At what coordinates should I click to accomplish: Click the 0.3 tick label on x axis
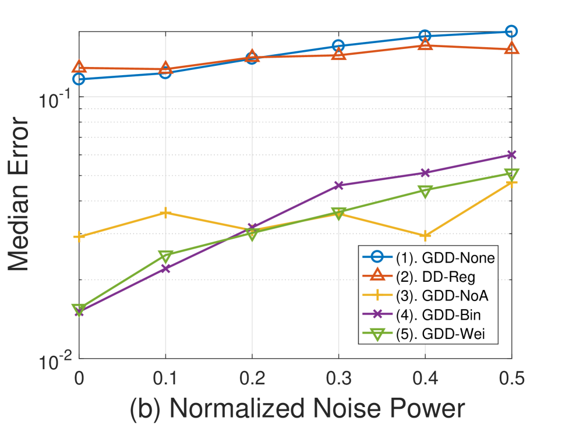point(338,378)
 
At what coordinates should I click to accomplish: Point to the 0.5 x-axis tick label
point(511,378)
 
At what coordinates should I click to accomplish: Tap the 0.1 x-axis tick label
point(165,378)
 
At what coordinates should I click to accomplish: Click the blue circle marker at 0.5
point(511,31)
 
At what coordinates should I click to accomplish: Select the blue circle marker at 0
point(79,79)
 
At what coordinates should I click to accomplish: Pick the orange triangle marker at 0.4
point(425,44)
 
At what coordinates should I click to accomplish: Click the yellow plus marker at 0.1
point(166,213)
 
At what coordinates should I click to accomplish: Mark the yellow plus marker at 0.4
point(425,236)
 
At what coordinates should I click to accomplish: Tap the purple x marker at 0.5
point(511,155)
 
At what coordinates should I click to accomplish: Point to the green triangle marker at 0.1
point(166,256)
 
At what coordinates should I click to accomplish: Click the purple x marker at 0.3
point(338,185)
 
